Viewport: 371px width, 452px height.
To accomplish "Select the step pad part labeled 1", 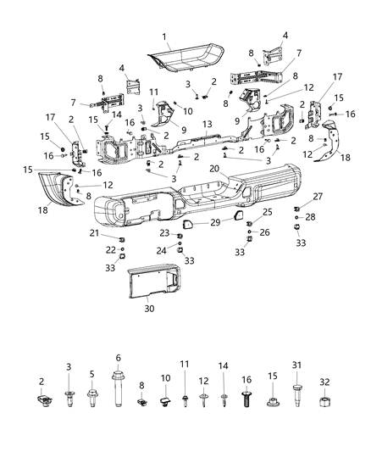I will pyautogui.click(x=186, y=59).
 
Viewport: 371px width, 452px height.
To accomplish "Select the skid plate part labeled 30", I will pyautogui.click(x=152, y=281).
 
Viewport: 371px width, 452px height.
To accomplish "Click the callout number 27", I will pyautogui.click(x=295, y=196).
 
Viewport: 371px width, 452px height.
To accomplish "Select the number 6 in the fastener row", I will pyautogui.click(x=118, y=358).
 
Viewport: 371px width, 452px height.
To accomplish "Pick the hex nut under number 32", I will pyautogui.click(x=323, y=399).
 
